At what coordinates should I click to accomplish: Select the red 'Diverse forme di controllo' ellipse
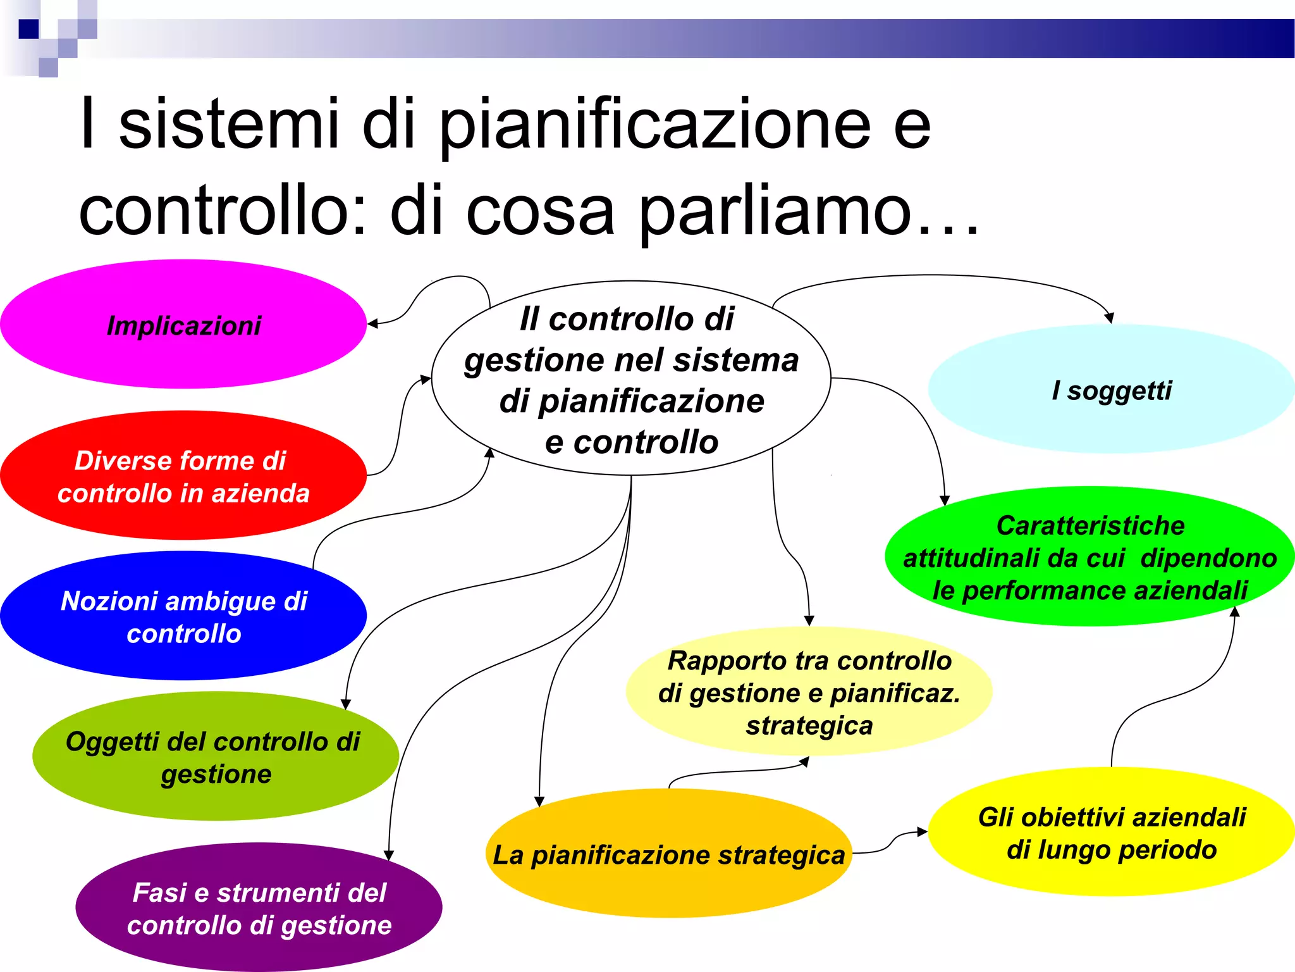pyautogui.click(x=183, y=475)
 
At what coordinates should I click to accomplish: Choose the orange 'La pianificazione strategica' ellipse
pyautogui.click(x=669, y=854)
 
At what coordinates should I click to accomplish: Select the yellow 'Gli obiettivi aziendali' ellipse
pyautogui.click(x=1111, y=832)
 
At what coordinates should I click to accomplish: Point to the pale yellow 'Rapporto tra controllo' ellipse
pyautogui.click(x=809, y=692)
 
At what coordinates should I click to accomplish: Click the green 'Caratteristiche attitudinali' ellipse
pyautogui.click(x=1089, y=556)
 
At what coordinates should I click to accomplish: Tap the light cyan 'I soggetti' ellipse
pyautogui.click(x=1111, y=389)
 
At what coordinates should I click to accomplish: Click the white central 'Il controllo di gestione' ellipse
pyautogui.click(x=631, y=378)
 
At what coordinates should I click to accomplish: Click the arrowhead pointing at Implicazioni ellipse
pyautogui.click(x=372, y=324)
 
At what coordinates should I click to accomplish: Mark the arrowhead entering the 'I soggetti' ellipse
pyautogui.click(x=1109, y=318)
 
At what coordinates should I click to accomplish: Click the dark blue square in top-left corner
pyautogui.click(x=28, y=29)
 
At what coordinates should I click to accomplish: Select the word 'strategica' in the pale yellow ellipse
pyautogui.click(x=809, y=725)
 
